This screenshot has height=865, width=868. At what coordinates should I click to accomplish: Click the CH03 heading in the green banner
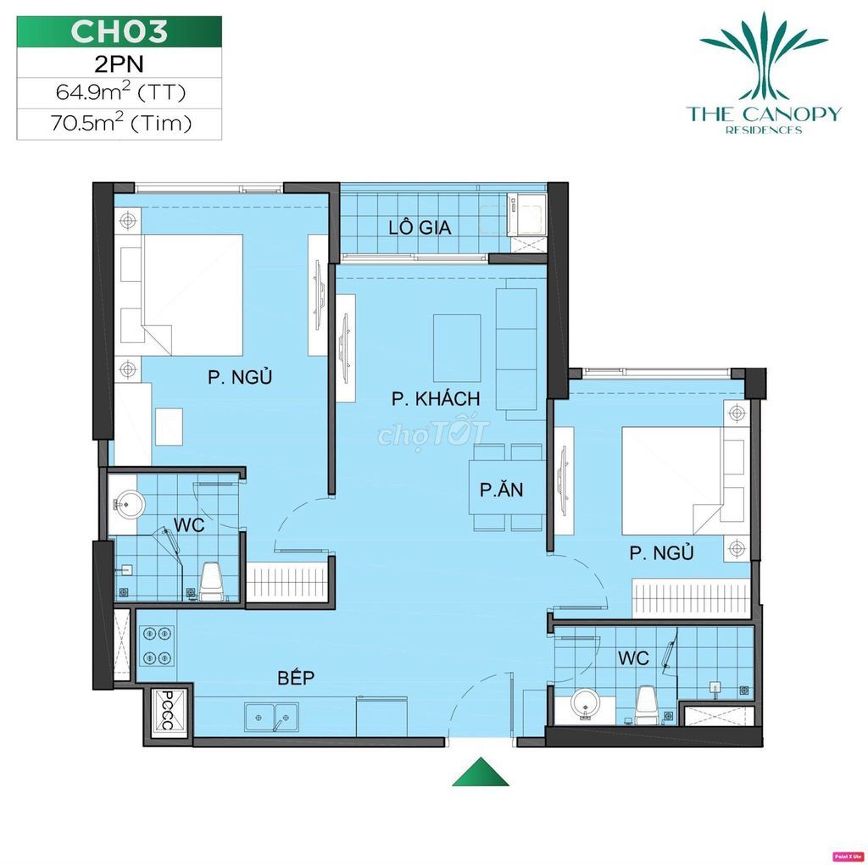[119, 31]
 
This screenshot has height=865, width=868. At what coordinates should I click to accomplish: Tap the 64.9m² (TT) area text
[120, 91]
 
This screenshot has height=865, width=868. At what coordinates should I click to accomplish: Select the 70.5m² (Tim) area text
[120, 122]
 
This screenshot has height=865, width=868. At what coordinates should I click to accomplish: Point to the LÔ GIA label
[420, 227]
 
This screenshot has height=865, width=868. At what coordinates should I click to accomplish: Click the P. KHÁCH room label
[436, 398]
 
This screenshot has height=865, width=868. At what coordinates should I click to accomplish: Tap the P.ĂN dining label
[502, 489]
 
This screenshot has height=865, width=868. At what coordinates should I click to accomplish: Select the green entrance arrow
[480, 772]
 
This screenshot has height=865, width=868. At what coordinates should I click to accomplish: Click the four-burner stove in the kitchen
[157, 645]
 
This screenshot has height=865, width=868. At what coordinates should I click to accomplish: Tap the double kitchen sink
[271, 718]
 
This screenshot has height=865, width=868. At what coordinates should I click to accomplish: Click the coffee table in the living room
[457, 348]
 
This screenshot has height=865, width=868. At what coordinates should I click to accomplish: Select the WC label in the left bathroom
[189, 524]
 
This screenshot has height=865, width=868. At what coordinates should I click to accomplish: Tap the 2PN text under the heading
[119, 64]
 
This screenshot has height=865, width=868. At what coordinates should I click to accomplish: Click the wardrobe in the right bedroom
[691, 598]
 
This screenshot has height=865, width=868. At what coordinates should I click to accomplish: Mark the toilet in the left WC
[211, 581]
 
